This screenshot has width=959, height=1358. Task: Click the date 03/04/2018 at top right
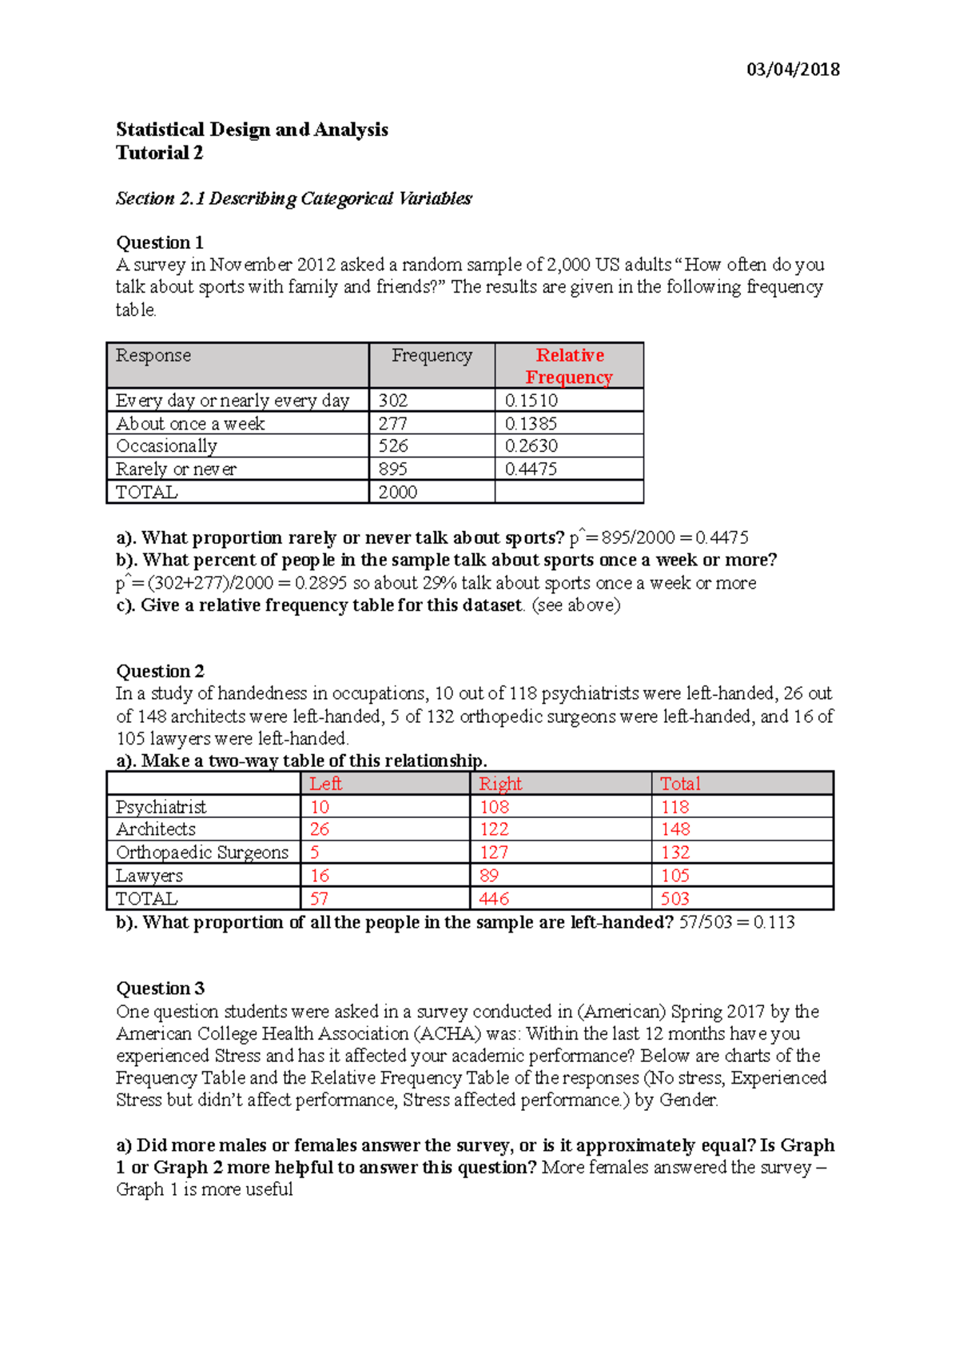[792, 70]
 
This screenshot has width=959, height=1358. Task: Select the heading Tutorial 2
[159, 153]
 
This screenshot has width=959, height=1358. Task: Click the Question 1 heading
[160, 242]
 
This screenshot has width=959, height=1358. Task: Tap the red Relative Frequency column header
[569, 366]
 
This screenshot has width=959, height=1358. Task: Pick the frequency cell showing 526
[393, 446]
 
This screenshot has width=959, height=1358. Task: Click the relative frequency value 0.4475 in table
[531, 469]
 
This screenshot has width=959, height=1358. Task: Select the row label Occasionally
[166, 446]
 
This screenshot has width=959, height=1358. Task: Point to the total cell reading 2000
[397, 493]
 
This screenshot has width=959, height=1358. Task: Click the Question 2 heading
[160, 671]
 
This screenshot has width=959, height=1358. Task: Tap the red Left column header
[325, 784]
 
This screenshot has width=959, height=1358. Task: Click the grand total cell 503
[674, 899]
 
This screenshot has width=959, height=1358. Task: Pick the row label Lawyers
[149, 876]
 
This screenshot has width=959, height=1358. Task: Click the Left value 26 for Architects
[320, 829]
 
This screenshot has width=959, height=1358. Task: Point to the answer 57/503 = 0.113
[737, 922]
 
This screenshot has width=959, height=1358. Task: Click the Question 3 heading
[160, 989]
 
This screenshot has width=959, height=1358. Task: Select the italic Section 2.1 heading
[293, 198]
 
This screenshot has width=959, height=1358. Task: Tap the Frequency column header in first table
[432, 356]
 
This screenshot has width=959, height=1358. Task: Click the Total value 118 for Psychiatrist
[674, 807]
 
